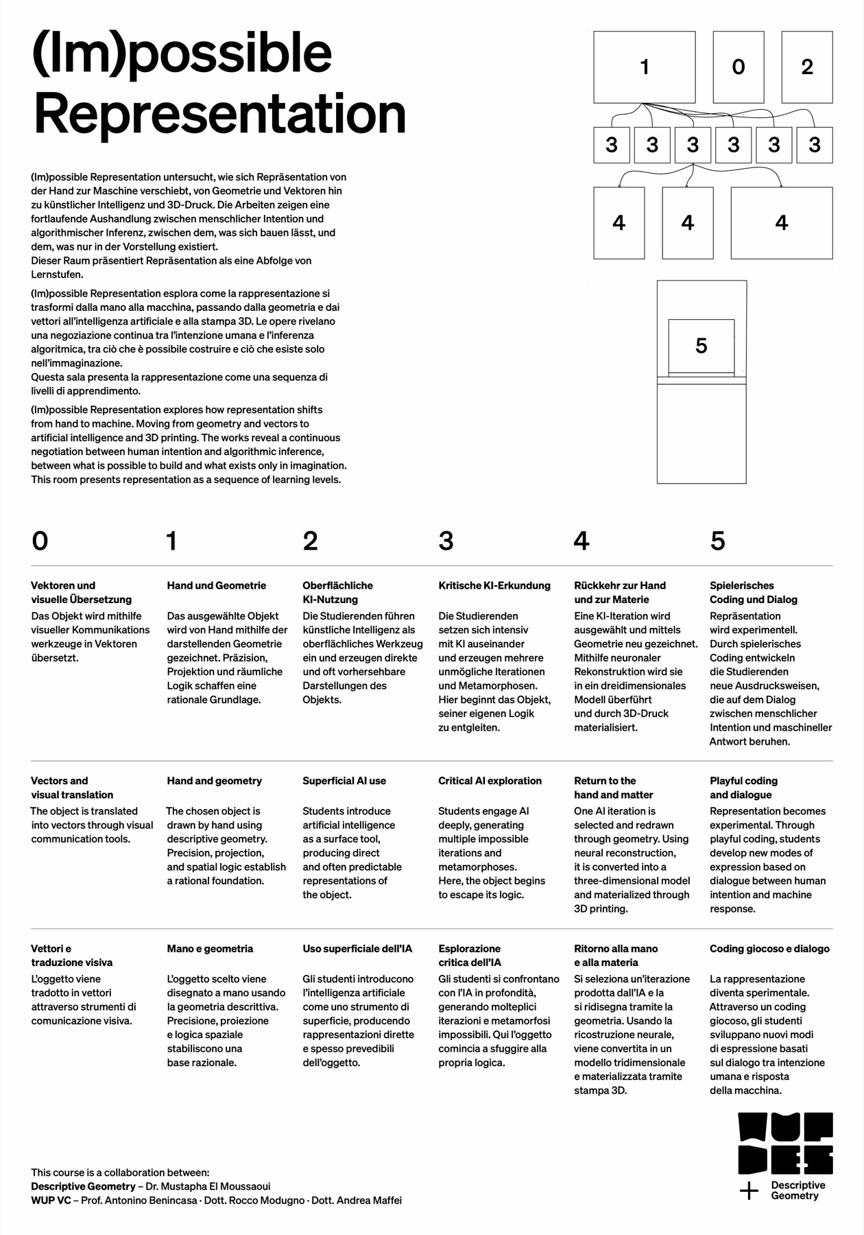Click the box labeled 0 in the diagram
(x=738, y=67)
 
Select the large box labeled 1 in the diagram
(x=644, y=67)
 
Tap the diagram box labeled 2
(x=806, y=67)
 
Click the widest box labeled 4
(x=781, y=222)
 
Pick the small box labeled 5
(x=701, y=346)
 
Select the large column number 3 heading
(x=446, y=541)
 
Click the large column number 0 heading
(x=40, y=541)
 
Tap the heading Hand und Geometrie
(x=216, y=585)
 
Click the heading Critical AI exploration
(x=490, y=781)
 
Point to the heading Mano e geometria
(x=210, y=948)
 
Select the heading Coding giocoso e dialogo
(x=769, y=948)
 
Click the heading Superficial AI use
(x=344, y=781)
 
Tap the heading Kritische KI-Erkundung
(x=494, y=585)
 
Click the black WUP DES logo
(x=785, y=1144)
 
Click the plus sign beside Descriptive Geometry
(x=749, y=1191)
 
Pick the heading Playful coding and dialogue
(x=743, y=788)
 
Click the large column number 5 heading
(x=717, y=541)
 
